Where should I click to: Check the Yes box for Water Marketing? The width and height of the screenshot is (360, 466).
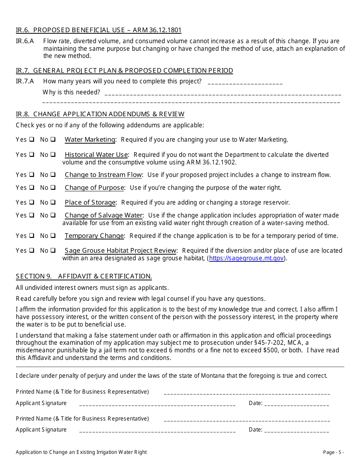[x=32, y=139]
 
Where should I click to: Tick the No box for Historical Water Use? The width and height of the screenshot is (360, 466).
[x=53, y=155]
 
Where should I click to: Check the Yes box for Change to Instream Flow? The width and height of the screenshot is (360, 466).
[x=32, y=175]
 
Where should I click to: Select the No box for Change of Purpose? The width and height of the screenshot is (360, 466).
[x=53, y=188]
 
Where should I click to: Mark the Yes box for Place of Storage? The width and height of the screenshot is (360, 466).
[x=32, y=202]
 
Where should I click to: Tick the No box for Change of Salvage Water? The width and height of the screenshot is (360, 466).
[x=53, y=215]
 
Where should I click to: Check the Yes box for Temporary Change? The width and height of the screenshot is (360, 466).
[x=32, y=236]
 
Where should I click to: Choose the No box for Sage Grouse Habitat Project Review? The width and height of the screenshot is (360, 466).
[x=53, y=250]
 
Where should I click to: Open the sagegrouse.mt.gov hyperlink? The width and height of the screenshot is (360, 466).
[x=246, y=258]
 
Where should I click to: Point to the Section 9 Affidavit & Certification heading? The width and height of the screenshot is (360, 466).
[x=84, y=276]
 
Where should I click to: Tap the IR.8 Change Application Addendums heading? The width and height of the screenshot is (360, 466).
[x=100, y=114]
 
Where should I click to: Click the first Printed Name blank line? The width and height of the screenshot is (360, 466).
[x=247, y=393]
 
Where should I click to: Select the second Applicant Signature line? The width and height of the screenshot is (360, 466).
[x=157, y=430]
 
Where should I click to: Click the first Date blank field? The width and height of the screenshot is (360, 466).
[x=296, y=404]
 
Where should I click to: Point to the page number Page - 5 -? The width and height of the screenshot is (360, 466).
[x=333, y=452]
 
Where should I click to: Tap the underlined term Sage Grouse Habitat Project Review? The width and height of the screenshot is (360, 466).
[x=121, y=250]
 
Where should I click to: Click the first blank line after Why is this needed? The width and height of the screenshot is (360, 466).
[x=222, y=93]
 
